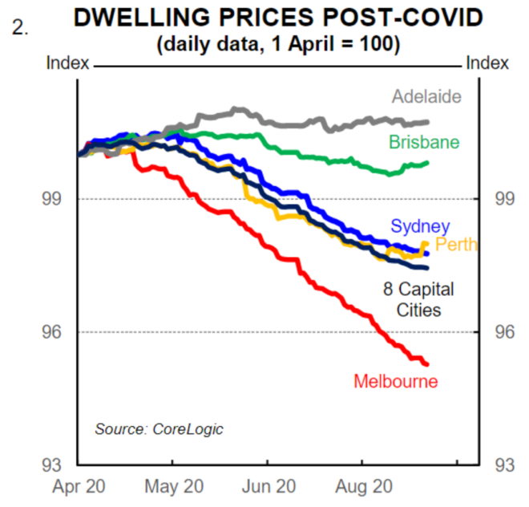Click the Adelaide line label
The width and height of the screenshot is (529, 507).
(426, 97)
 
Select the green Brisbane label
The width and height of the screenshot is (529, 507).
(424, 142)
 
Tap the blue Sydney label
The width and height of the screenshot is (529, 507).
(420, 227)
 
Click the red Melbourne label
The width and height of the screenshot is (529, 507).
(396, 381)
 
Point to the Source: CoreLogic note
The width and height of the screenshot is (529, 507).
(159, 429)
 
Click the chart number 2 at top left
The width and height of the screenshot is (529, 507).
(18, 26)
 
